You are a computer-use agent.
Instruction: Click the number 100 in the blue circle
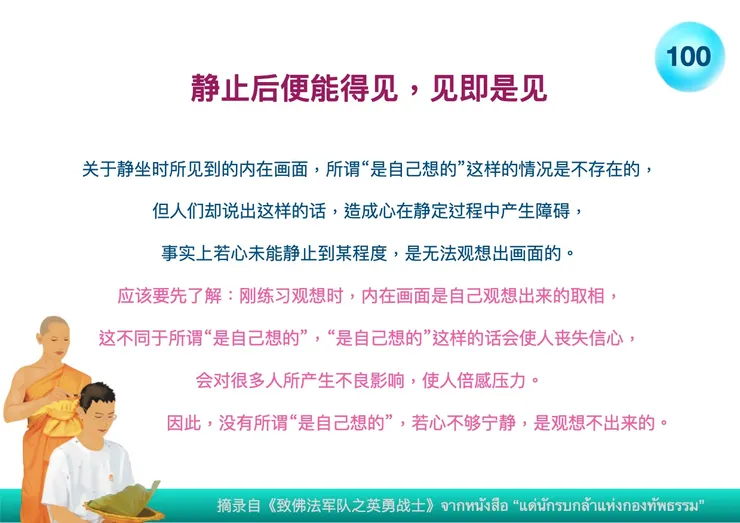click(689, 56)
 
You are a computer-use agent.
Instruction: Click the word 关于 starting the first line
click(97, 169)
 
